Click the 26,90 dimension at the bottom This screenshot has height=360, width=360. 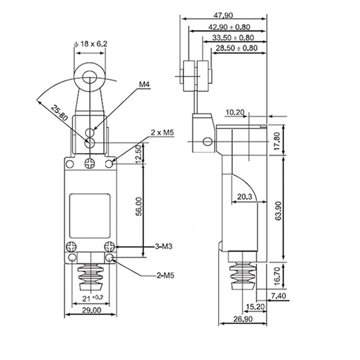click(243, 319)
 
